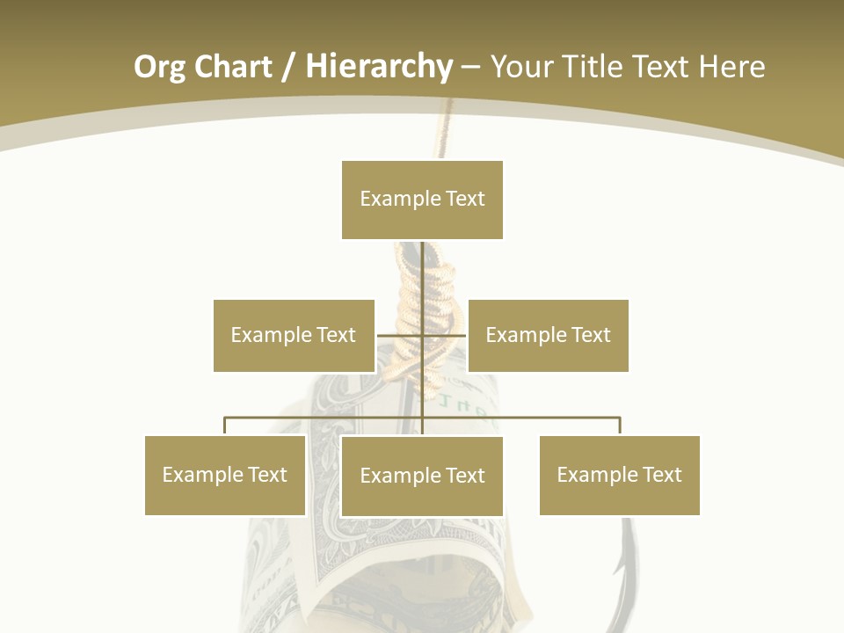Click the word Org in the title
click(159, 67)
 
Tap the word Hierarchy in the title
click(379, 67)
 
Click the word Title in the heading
click(593, 67)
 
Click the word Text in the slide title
click(661, 67)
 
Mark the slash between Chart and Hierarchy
click(288, 67)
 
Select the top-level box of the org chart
click(422, 200)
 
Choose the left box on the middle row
click(294, 335)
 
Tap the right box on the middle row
click(548, 335)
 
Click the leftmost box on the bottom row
click(225, 475)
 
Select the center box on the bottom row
click(422, 476)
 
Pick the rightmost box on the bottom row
click(620, 475)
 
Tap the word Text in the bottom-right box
click(662, 475)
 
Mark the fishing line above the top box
click(446, 132)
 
